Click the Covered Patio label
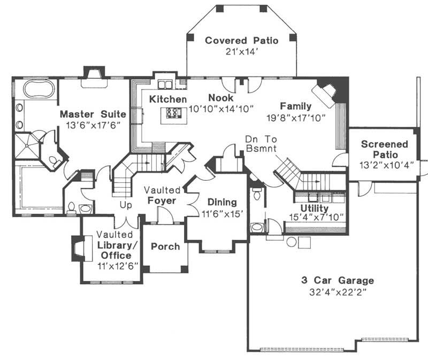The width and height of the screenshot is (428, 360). point(242,41)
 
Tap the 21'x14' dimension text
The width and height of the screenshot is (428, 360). point(242,51)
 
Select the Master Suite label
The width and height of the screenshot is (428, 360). point(93,114)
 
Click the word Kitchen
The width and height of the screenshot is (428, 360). point(168,99)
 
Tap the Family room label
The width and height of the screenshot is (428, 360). point(295,106)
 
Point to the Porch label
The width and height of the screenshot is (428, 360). point(165,246)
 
